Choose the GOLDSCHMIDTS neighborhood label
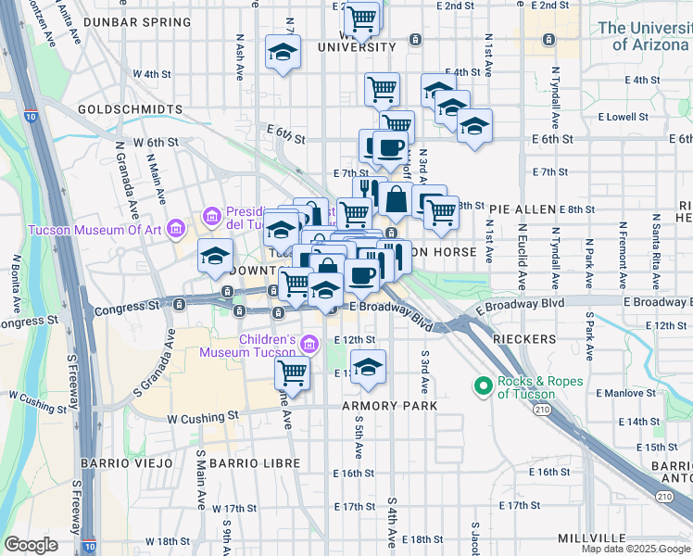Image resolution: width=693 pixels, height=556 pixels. pos(130,108)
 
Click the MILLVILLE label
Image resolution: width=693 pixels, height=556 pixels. pos(592,538)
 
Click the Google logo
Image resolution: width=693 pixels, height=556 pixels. pos(31,545)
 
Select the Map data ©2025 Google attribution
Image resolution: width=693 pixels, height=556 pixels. pos(636,549)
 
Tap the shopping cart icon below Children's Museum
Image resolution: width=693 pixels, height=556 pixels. pos(293,373)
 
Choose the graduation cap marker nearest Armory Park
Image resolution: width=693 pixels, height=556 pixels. pos(369,366)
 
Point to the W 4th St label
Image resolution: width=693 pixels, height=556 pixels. pos(152,73)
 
